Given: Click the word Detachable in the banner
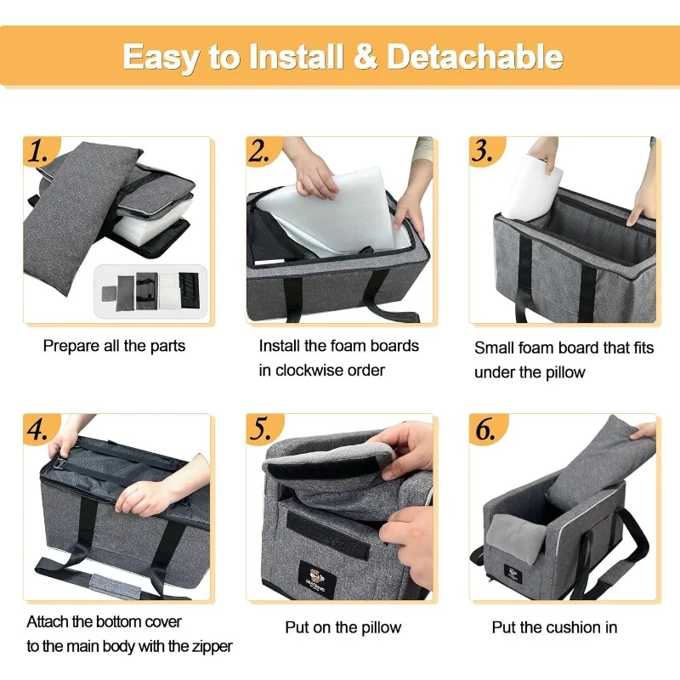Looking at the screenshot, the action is (x=474, y=56).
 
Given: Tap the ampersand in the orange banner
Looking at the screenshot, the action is (x=365, y=56).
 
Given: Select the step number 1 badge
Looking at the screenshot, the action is (x=39, y=151).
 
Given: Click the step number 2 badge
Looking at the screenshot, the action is (x=261, y=151).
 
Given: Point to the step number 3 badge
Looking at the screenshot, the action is (x=484, y=151).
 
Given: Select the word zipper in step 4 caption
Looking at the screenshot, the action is (x=212, y=647).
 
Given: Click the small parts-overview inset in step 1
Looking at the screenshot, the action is (x=150, y=291).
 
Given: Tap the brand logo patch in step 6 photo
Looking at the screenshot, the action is (x=513, y=574).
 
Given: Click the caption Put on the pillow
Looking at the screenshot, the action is (x=343, y=627).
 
